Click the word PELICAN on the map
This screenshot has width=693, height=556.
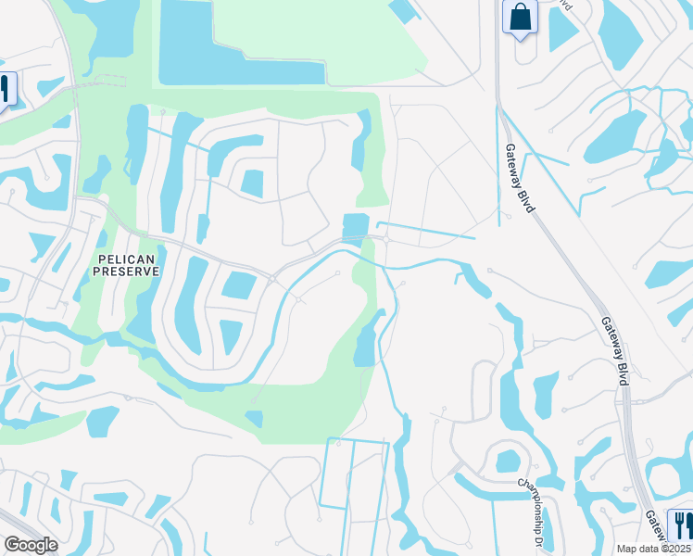[x=126, y=256]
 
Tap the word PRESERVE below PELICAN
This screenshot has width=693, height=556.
[x=126, y=271]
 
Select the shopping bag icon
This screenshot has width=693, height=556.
[x=520, y=18]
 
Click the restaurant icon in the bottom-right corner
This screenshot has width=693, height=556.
[x=681, y=524]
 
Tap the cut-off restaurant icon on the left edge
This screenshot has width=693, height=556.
[x=5, y=90]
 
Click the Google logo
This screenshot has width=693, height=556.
[x=31, y=545]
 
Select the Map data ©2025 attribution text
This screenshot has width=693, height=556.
[x=654, y=549]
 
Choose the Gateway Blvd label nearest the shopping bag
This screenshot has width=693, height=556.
[x=520, y=178]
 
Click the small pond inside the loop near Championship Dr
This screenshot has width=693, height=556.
[x=507, y=461]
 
